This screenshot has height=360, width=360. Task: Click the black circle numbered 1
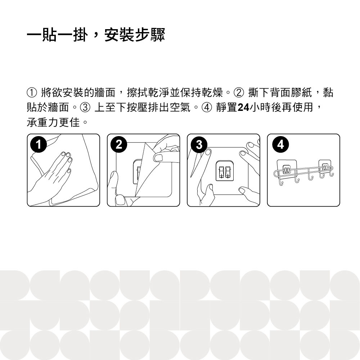pos(39,145)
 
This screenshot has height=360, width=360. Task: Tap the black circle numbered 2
pos(119,145)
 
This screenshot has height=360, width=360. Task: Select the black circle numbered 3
pos(199,145)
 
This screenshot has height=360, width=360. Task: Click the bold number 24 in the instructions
pos(243,107)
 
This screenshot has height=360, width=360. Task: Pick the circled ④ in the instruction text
pos(207,107)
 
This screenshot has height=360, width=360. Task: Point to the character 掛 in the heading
pos(80,35)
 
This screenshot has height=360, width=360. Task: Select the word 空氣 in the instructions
pos(180,107)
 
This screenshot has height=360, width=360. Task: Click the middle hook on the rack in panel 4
pos(311,177)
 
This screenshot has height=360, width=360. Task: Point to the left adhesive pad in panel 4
pos(285,168)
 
